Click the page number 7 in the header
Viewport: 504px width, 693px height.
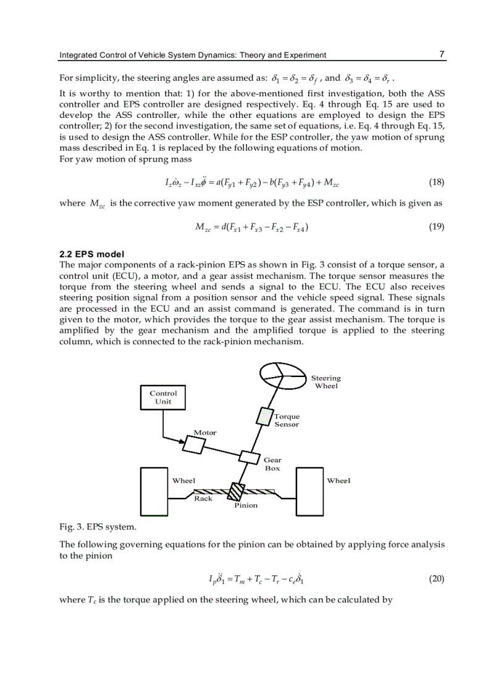(x=442, y=54)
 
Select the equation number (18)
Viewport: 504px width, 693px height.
(x=436, y=183)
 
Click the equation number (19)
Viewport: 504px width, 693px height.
(x=436, y=226)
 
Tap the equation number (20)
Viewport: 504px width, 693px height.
(x=436, y=579)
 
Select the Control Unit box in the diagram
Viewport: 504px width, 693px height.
(x=163, y=397)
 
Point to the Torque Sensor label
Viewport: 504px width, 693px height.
(x=287, y=420)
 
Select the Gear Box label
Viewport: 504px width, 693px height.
(x=272, y=464)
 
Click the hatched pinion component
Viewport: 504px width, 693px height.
(x=236, y=492)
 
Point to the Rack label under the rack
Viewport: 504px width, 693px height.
(x=203, y=499)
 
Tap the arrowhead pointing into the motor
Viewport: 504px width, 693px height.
(x=183, y=441)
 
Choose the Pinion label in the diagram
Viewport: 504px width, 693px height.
(x=246, y=505)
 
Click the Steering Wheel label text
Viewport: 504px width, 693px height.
(x=325, y=382)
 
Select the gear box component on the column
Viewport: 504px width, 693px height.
(x=249, y=458)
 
